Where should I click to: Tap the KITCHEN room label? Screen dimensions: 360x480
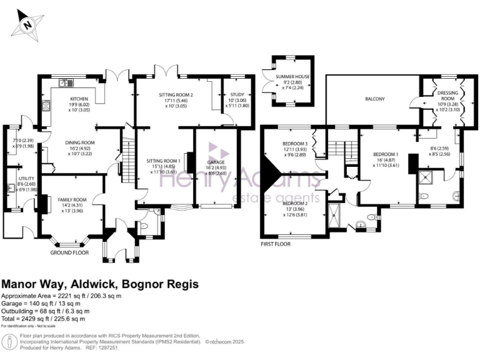point(79,99)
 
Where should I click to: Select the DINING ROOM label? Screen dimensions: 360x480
point(79,142)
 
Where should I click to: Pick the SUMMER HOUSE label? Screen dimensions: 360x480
point(293,77)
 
